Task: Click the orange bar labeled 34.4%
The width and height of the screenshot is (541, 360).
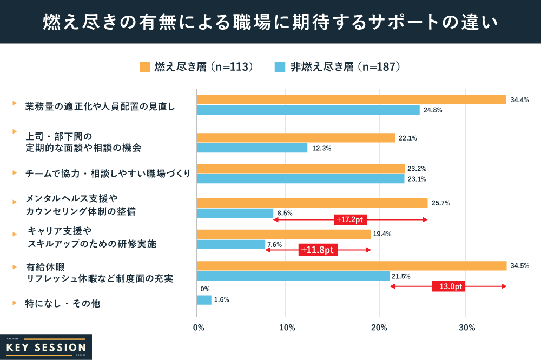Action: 352,99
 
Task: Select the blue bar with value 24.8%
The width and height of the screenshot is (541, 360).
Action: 308,110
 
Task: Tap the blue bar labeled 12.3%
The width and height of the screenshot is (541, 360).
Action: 252,148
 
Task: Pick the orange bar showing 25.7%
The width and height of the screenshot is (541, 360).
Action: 312,203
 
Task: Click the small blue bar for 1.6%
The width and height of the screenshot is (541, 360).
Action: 204,300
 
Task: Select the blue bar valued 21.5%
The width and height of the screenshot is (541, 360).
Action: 293,276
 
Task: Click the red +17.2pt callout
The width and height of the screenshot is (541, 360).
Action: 351,220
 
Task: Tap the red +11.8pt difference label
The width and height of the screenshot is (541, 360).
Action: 318,250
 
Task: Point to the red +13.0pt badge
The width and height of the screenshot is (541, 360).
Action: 448,286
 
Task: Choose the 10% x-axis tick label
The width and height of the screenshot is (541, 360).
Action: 287,328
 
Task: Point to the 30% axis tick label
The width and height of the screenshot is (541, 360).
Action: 467,328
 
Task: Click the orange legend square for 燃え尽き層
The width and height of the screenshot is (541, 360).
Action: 144,67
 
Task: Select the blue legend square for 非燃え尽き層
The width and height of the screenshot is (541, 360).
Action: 280,67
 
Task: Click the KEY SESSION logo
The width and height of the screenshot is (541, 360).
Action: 46,347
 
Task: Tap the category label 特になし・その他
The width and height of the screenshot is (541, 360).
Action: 63,304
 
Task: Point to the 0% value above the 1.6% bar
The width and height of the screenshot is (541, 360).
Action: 204,289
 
